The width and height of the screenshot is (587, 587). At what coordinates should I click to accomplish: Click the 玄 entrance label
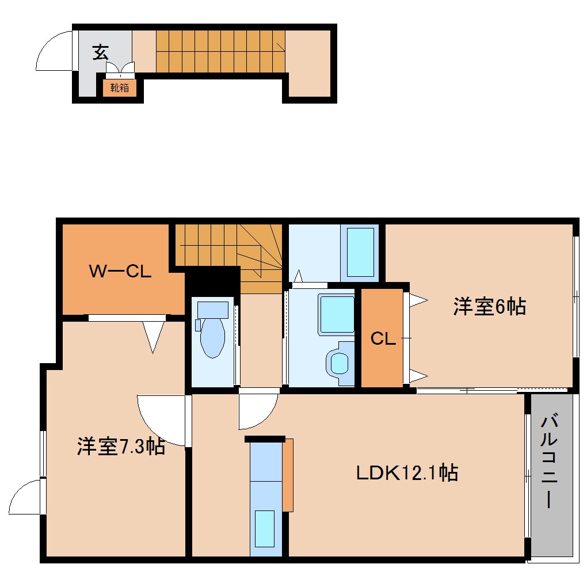pyautogui.click(x=101, y=52)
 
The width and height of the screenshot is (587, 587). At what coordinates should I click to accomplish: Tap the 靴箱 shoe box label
pyautogui.click(x=120, y=88)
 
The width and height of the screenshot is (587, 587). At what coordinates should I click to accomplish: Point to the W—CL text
pyautogui.click(x=120, y=271)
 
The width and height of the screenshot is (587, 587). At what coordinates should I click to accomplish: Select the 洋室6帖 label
pyautogui.click(x=489, y=306)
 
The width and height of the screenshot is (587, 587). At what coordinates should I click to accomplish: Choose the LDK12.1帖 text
pyautogui.click(x=406, y=473)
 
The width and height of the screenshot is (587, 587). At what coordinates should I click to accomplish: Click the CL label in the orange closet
pyautogui.click(x=383, y=339)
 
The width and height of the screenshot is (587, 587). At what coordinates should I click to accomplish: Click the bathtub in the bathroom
pyautogui.click(x=360, y=251)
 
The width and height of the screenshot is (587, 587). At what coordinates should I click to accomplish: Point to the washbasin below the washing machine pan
pyautogui.click(x=340, y=363)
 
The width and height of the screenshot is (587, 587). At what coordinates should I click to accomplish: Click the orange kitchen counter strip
pyautogui.click(x=288, y=475)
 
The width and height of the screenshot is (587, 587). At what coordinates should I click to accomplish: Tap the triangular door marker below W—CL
pyautogui.click(x=153, y=336)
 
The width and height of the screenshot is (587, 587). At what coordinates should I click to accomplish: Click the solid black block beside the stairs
pyautogui.click(x=212, y=281)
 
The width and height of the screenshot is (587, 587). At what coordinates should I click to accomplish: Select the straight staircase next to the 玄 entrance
pyautogui.click(x=220, y=51)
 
